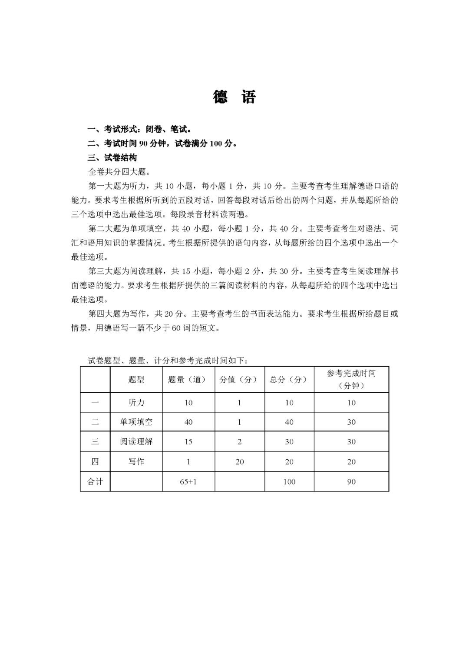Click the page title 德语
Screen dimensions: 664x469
pyautogui.click(x=234, y=97)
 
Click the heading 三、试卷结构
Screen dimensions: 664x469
pyautogui.click(x=112, y=158)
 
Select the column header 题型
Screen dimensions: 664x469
pyautogui.click(x=136, y=380)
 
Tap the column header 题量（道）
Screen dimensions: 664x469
pyautogui.click(x=188, y=380)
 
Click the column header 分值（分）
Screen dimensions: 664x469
pyautogui.click(x=239, y=380)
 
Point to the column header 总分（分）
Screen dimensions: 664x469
pyautogui.click(x=289, y=380)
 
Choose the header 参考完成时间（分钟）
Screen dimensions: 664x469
pyautogui.click(x=351, y=380)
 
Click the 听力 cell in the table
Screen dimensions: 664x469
pyautogui.click(x=136, y=403)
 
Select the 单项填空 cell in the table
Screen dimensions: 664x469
pyautogui.click(x=136, y=422)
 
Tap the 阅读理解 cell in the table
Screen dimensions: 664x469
pyautogui.click(x=136, y=441)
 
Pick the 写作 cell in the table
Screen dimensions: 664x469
pyautogui.click(x=136, y=461)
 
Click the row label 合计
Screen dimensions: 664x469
pyautogui.click(x=95, y=481)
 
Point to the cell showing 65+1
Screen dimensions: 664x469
pyautogui.click(x=188, y=481)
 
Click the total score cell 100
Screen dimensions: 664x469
pyautogui.click(x=289, y=481)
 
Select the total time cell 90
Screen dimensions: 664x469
pyautogui.click(x=351, y=481)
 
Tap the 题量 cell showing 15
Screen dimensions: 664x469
pyautogui.click(x=188, y=441)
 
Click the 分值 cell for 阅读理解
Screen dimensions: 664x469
pyautogui.click(x=239, y=441)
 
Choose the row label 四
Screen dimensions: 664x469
pyautogui.click(x=95, y=461)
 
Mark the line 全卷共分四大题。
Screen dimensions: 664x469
pyautogui.click(x=119, y=172)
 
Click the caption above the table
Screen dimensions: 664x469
pyautogui.click(x=168, y=360)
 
